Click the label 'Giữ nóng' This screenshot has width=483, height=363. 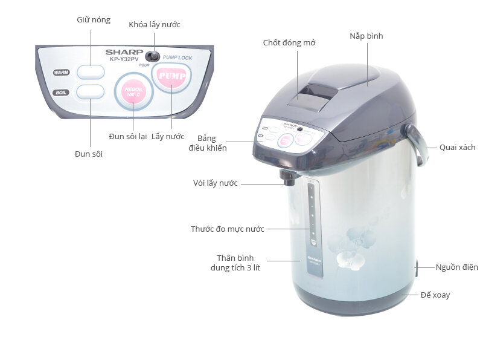pos(93,20)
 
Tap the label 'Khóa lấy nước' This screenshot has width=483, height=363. pos(155,25)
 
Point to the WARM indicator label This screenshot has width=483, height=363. pos(60,73)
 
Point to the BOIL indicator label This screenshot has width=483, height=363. pos(60,93)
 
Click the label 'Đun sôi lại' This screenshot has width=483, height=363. pos(128,137)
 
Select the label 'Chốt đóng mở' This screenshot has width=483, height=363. pos(289,43)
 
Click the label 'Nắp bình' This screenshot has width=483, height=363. pos(366,36)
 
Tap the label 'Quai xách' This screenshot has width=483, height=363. pos(457,147)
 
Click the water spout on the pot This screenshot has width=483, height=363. pos(286,177)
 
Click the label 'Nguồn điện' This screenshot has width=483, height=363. pos(457,267)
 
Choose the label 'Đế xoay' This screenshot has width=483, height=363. pos(435,295)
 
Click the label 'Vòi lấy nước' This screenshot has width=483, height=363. pos(215,183)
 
